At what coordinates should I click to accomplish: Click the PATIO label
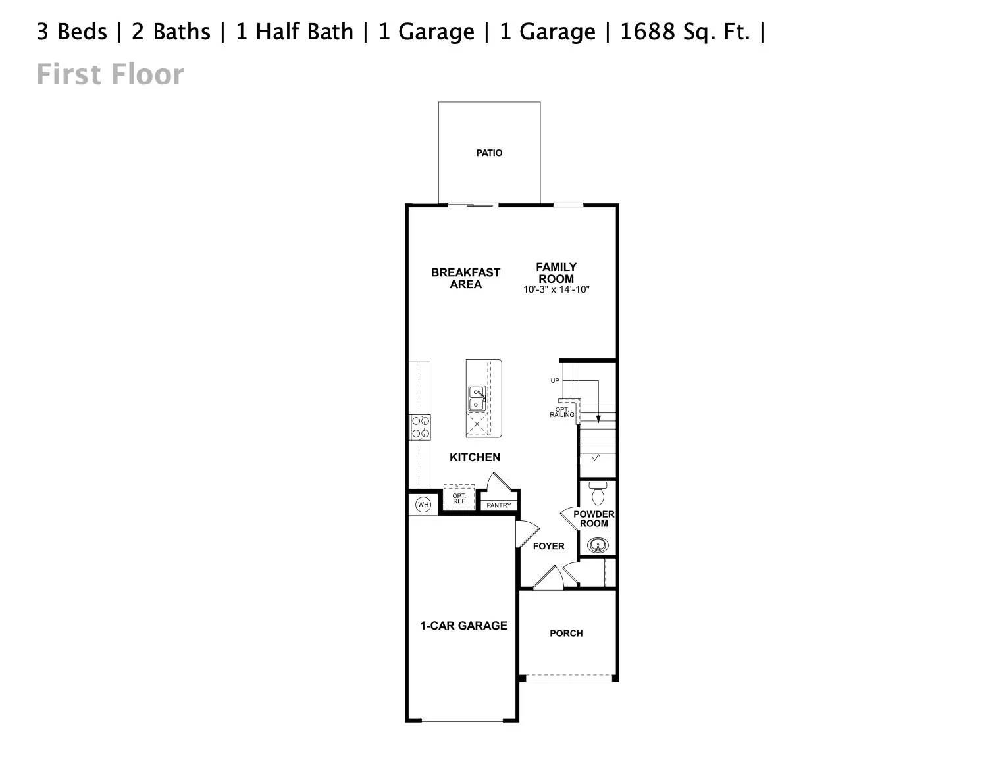coord(489,153)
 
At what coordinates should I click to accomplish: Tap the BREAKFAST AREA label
coord(465,278)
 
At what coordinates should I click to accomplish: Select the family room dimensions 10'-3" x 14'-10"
coord(556,289)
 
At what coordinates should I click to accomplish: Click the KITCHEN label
coord(475,457)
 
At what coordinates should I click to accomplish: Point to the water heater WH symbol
coord(423,505)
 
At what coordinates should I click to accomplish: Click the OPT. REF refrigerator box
coord(459,499)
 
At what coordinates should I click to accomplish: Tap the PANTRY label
coord(499,505)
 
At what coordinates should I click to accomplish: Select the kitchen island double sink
coord(477,399)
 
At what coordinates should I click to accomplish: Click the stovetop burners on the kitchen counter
coord(420,427)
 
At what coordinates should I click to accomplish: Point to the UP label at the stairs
coord(555,381)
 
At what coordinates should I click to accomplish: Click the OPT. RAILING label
coord(561,412)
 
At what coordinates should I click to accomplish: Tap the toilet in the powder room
coord(598,492)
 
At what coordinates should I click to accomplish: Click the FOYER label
coord(548,546)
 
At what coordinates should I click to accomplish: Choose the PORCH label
coord(566,634)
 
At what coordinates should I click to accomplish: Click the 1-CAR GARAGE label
coord(463,626)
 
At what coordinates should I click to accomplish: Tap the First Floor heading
coord(110,74)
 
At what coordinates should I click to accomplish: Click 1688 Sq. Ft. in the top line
coord(685,32)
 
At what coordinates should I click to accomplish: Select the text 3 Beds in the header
coord(72,32)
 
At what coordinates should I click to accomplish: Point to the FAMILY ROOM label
coord(556,272)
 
